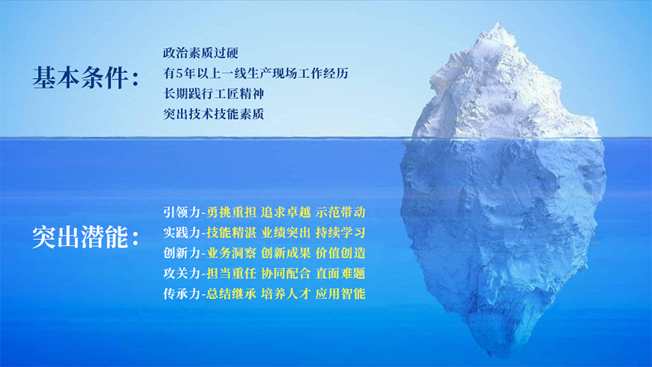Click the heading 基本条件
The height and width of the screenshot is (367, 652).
tap(80, 78)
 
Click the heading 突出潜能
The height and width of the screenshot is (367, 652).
tap(80, 237)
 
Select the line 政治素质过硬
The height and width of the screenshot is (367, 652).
tap(201, 53)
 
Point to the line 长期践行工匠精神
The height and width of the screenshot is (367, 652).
tap(213, 94)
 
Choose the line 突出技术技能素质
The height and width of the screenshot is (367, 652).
tap(213, 114)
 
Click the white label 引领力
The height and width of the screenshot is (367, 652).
tap(182, 212)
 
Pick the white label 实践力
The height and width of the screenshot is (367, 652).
tap(182, 233)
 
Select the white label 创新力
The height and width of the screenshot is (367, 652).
tap(182, 253)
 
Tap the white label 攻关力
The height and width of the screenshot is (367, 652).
tap(182, 274)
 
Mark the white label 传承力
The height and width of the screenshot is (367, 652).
tap(182, 294)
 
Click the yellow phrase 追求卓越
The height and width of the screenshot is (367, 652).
tap(285, 212)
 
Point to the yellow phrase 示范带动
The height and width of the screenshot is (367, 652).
tap(340, 212)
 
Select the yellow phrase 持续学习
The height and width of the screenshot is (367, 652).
tap(340, 233)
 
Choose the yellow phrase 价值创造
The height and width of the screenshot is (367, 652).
tap(340, 253)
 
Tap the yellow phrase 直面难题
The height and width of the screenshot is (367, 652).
tap(340, 274)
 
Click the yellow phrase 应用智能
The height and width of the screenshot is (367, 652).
tap(340, 294)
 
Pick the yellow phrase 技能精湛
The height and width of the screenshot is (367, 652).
tap(231, 233)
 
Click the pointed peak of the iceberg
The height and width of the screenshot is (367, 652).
tap(498, 23)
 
